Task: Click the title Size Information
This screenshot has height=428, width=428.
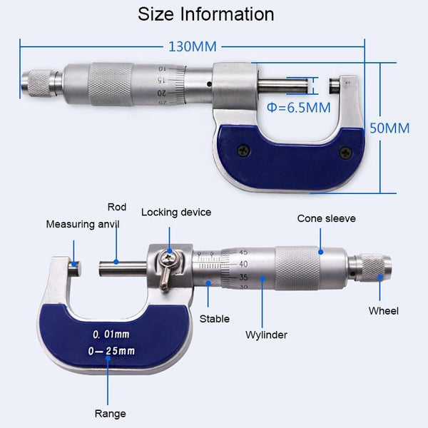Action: coord(205,14)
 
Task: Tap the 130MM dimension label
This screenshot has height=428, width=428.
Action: coord(192,47)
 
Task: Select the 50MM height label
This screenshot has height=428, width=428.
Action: coord(389,128)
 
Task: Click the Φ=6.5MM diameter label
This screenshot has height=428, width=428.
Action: coord(299,108)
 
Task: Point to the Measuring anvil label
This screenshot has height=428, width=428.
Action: coord(83,224)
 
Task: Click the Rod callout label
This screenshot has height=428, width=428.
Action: coord(117,208)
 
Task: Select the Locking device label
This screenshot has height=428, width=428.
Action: coord(176,212)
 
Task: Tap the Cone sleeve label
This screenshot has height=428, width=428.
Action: coord(326,218)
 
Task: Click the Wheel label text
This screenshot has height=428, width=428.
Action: coord(383,310)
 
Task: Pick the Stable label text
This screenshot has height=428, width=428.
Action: coord(214,319)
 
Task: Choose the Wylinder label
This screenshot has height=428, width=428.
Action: coord(267,335)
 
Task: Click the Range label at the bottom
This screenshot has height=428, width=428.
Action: coord(110,414)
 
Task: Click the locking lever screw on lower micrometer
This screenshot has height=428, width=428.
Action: coord(168,260)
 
